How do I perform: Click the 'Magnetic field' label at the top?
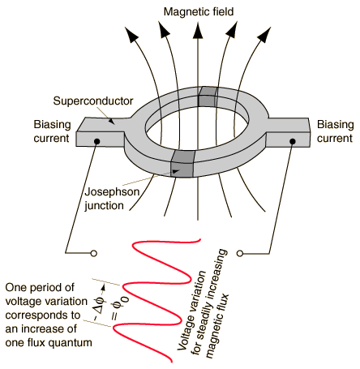coord(199,12)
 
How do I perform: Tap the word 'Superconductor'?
coord(93,101)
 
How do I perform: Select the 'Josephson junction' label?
coord(111,199)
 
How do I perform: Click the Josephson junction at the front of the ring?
coord(182,164)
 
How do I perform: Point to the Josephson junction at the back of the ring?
coord(208,97)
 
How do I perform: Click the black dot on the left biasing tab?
coord(97,141)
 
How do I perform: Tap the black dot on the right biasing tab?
coord(292,141)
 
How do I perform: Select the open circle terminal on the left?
coord(94,254)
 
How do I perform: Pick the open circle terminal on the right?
coord(240,253)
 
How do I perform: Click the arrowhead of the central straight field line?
coord(198,31)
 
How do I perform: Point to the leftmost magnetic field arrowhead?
coord(131,34)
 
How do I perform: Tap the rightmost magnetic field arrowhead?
coord(264,34)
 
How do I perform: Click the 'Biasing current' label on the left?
coord(52,131)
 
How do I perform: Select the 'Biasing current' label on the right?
coord(335,131)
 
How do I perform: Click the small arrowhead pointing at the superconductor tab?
coord(111,121)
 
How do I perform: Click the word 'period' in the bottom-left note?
coord(47,288)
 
